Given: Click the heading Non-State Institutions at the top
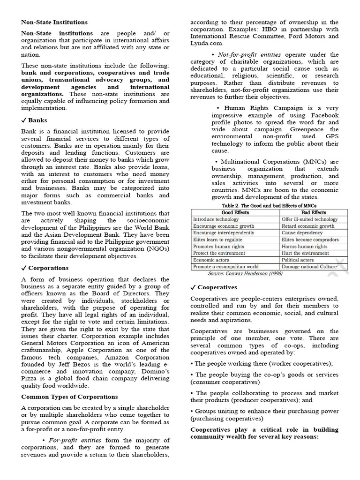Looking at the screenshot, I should (54, 22).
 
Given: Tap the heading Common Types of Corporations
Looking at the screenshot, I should (69, 397).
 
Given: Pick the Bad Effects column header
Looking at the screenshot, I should (314, 212).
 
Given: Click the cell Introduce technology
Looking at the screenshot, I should (216, 219).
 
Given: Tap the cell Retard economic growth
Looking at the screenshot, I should (308, 226).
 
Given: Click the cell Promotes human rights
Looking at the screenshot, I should (218, 246).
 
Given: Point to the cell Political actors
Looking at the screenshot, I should (298, 260).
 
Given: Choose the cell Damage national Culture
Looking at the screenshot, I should (309, 267).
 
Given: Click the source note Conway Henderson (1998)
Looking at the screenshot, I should (245, 273).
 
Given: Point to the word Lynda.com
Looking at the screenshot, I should (205, 43).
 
